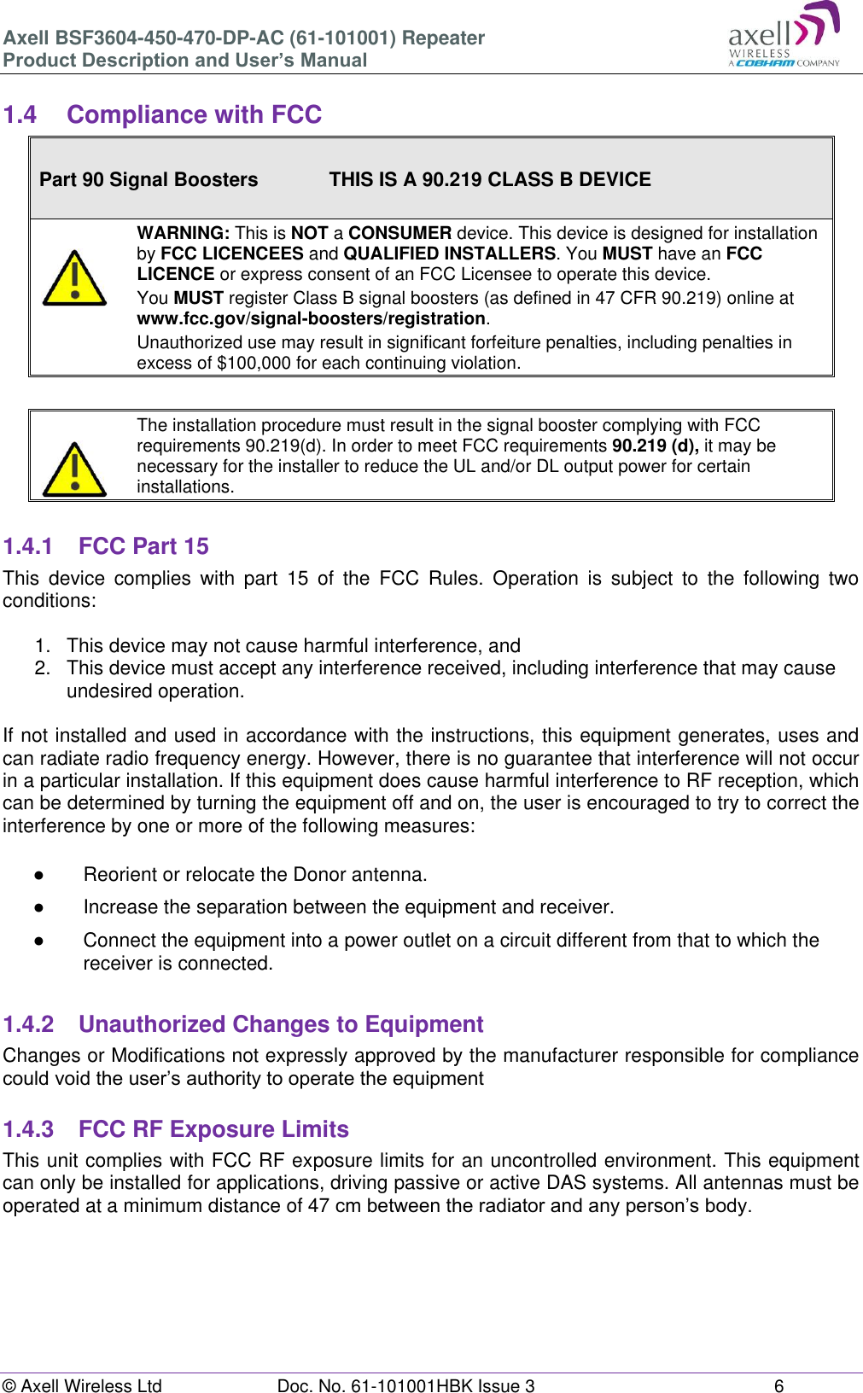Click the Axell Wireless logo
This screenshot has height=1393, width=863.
[x=784, y=36]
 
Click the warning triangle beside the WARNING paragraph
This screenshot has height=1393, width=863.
[x=74, y=279]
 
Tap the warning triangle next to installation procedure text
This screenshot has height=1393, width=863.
[x=74, y=470]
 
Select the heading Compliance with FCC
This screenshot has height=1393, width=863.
[x=194, y=114]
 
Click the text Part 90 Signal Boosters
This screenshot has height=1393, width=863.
[x=149, y=179]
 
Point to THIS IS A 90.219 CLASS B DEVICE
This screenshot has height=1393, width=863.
[x=490, y=179]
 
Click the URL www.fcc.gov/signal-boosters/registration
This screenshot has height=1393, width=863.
[x=311, y=318]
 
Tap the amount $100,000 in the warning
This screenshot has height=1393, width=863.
[x=254, y=363]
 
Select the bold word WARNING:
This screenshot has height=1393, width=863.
[x=183, y=233]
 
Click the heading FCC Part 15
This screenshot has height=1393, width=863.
[x=143, y=546]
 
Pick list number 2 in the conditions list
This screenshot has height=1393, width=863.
[x=43, y=668]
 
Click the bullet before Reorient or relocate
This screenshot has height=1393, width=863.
[x=39, y=875]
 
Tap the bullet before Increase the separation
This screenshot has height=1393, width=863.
[x=39, y=907]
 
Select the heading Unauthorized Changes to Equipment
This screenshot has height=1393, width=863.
[x=281, y=1024]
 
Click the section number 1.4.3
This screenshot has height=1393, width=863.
[x=28, y=1129]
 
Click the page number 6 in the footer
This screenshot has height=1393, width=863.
[x=778, y=1386]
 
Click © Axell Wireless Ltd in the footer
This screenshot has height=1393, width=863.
[x=82, y=1386]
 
